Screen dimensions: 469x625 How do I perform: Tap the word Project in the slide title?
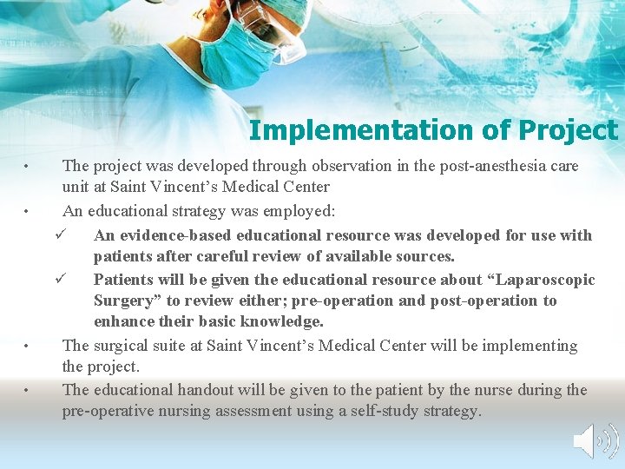(x=568, y=130)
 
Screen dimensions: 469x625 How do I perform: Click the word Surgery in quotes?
(x=126, y=301)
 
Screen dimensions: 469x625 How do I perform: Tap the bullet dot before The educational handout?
(x=28, y=391)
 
